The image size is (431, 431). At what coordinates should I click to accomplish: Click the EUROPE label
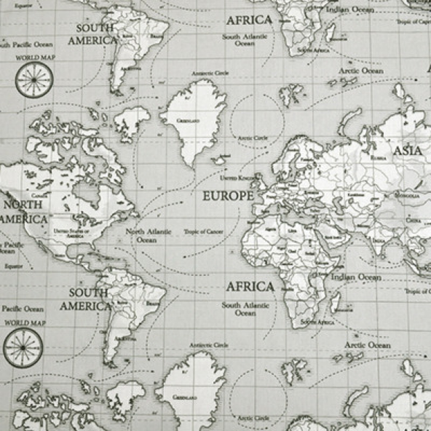pos(228,196)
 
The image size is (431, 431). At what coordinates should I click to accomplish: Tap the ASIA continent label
pos(408,151)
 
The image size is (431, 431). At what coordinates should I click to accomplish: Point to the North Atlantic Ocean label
pos(148,235)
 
